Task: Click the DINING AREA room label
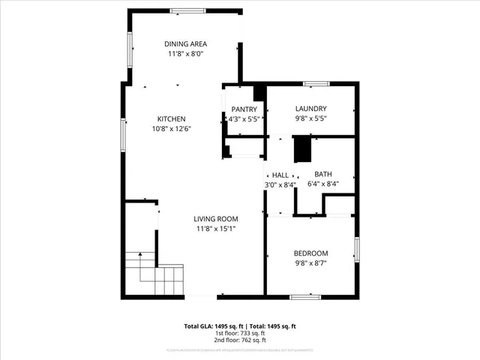185,44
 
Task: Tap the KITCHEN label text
171,119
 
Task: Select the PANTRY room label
244,109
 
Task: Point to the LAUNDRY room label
310,109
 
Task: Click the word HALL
280,175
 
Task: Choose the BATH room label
322,174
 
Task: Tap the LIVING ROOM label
217,219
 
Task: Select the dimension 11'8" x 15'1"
217,229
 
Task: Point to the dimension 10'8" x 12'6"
171,128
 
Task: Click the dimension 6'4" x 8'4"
322,184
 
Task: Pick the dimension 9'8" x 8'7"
310,263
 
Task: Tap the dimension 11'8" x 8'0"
185,54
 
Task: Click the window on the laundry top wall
315,82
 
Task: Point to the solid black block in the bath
301,148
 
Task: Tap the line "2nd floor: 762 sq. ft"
240,340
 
